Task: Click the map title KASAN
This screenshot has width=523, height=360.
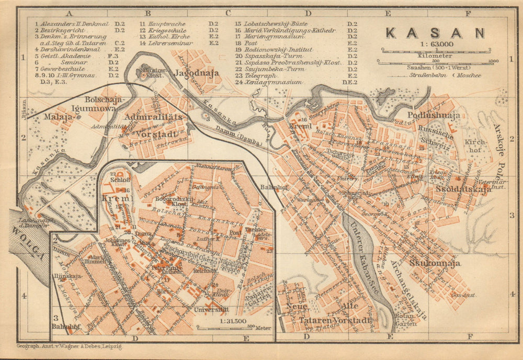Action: [435, 32]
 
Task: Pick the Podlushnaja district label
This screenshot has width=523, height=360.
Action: [434, 115]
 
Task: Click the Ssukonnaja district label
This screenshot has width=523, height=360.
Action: [435, 263]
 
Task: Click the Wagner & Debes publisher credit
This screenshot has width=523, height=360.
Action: [69, 346]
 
